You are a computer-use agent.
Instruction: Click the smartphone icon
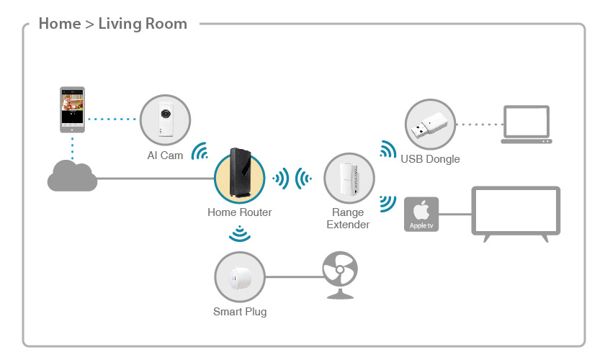pyautogui.click(x=72, y=110)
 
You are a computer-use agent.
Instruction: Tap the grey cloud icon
pyautogui.click(x=72, y=176)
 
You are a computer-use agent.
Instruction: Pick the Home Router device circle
pyautogui.click(x=239, y=177)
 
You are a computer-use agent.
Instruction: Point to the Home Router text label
pyautogui.click(x=240, y=212)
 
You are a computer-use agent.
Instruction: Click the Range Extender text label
pyautogui.click(x=348, y=219)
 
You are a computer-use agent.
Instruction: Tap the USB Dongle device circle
pyautogui.click(x=430, y=124)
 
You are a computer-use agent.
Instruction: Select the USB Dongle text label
pyautogui.click(x=430, y=158)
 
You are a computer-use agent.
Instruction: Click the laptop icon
pyautogui.click(x=525, y=125)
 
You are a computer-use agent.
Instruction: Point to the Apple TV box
pyautogui.click(x=421, y=214)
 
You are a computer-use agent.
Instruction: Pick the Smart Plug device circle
pyautogui.click(x=239, y=276)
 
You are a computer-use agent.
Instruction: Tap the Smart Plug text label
pyautogui.click(x=240, y=312)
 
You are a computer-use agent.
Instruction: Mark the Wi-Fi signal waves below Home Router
pyautogui.click(x=239, y=233)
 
